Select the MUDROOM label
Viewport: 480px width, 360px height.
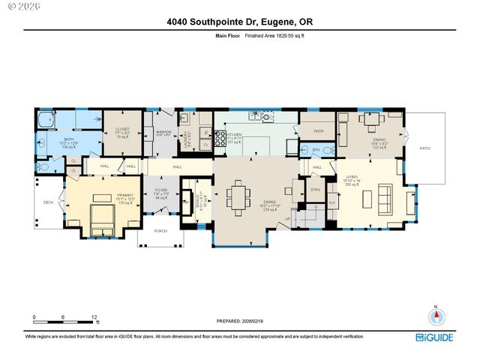(163, 132)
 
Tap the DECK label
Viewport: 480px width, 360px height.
(48, 202)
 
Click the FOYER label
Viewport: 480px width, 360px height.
(160, 190)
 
